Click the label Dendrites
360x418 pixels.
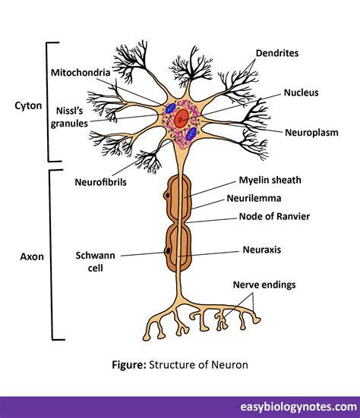click(276, 54)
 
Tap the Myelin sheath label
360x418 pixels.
click(270, 180)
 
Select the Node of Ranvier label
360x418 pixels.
click(274, 216)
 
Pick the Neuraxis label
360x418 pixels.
click(262, 249)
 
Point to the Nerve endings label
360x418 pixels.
click(264, 284)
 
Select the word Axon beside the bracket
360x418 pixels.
click(31, 256)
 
